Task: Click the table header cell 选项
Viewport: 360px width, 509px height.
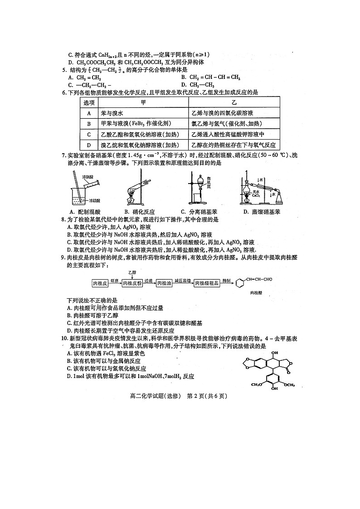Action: [89, 102]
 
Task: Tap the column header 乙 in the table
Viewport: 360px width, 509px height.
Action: [234, 102]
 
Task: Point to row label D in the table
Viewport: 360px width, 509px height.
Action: [89, 145]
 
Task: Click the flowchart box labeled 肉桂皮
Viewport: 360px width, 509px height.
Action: [99, 283]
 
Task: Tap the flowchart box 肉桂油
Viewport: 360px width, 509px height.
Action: [165, 283]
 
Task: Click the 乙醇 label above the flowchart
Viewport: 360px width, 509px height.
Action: [132, 272]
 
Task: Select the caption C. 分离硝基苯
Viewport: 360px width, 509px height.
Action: [198, 212]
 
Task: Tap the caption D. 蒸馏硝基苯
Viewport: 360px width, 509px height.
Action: [262, 212]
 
